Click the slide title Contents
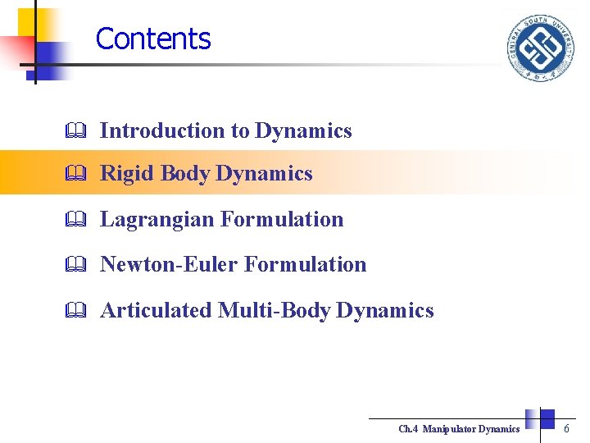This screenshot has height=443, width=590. (x=153, y=39)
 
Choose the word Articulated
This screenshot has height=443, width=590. (x=156, y=310)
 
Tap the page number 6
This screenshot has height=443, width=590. (x=566, y=428)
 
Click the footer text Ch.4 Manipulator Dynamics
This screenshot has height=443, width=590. (x=459, y=429)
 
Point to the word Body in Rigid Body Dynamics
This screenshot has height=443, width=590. (x=185, y=174)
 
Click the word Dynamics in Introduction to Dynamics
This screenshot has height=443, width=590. (x=303, y=130)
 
